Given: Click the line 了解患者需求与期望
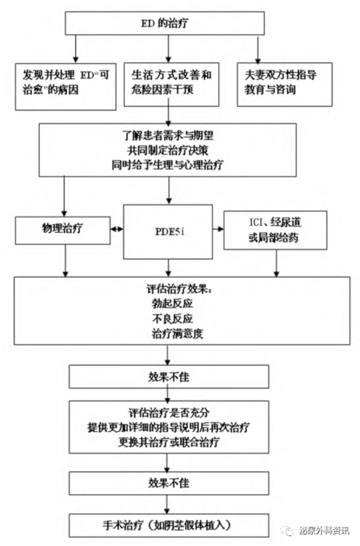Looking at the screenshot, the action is [167, 135].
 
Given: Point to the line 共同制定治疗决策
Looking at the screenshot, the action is [167, 150].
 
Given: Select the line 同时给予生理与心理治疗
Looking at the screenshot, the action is [167, 165].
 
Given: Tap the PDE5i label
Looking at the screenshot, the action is [169, 231].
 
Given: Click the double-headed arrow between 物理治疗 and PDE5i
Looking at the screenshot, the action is [117, 229].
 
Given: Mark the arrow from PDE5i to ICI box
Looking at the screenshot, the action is [218, 229].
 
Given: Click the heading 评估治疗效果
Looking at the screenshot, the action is [178, 289].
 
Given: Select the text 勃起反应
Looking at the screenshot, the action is [172, 304].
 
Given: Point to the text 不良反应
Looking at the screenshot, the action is [172, 319].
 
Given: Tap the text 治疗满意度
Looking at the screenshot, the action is [177, 334].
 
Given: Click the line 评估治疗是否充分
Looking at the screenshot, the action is [169, 413].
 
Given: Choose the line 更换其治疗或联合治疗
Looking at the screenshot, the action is [169, 442].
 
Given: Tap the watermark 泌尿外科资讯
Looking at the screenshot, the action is [323, 531].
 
